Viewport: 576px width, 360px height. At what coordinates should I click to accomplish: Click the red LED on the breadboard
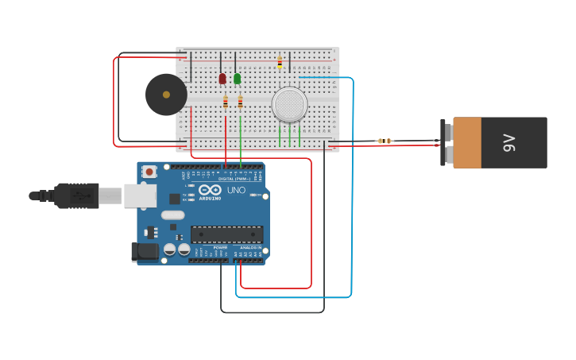222,78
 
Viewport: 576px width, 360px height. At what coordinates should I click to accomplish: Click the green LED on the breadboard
237,78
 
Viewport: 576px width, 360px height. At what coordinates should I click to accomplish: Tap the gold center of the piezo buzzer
166,95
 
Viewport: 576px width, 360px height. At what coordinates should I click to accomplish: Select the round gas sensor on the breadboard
289,105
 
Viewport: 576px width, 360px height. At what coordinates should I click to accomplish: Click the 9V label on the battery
509,143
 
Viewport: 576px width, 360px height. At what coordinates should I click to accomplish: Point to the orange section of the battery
467,143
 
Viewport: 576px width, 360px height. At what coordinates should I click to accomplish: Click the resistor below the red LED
226,102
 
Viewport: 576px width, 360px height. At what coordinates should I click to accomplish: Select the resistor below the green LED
240,102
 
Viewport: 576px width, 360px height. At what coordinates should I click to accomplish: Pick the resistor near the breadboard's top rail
280,61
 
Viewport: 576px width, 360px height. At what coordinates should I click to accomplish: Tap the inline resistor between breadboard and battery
385,141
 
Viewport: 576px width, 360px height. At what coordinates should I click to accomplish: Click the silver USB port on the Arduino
140,195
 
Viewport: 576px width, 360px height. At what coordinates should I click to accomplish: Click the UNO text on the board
237,191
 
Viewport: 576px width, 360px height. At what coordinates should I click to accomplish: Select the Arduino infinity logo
210,190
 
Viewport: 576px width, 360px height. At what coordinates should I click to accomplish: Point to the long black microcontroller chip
226,234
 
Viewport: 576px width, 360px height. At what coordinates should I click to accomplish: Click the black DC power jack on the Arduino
145,252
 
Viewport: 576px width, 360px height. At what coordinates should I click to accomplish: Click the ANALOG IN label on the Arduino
251,248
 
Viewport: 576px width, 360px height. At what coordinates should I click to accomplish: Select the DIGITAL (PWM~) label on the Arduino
234,179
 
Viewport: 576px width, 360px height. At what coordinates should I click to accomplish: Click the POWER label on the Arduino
220,248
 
